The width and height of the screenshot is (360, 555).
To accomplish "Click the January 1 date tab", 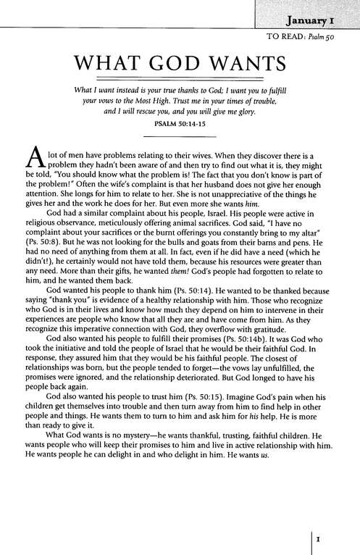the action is pyautogui.click(x=317, y=16).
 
